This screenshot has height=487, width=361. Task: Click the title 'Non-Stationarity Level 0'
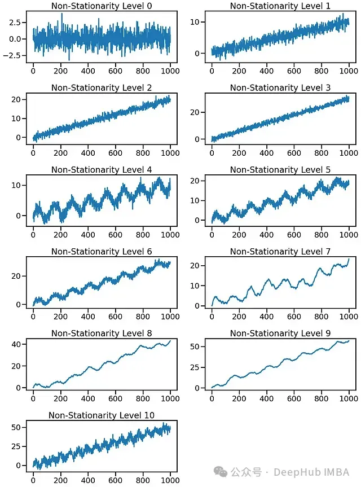coord(102,6)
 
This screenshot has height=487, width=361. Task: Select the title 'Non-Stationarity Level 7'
coord(280,251)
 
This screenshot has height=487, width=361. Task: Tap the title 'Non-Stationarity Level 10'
coord(102,415)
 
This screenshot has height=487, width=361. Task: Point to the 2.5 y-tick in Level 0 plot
coord(15,23)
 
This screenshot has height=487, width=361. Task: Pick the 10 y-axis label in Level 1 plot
coord(195,22)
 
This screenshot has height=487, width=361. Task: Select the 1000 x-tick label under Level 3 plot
coord(349,153)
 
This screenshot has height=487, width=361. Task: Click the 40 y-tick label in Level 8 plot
coord(16,344)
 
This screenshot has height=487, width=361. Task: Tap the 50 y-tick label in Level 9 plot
coord(195,346)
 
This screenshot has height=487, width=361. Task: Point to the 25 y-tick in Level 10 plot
coord(16,446)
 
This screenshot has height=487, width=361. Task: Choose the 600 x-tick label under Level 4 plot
coord(115,235)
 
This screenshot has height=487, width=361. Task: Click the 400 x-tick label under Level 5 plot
coord(267,235)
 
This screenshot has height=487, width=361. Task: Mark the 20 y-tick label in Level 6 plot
coord(16,276)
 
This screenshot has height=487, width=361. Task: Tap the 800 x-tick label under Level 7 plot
coord(322,317)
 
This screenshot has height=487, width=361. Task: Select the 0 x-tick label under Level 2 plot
coord(33,153)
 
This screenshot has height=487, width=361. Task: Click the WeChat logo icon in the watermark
coord(221,472)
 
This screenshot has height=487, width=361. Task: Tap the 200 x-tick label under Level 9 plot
coord(239,398)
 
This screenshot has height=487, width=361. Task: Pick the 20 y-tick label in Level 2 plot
coord(16,99)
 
